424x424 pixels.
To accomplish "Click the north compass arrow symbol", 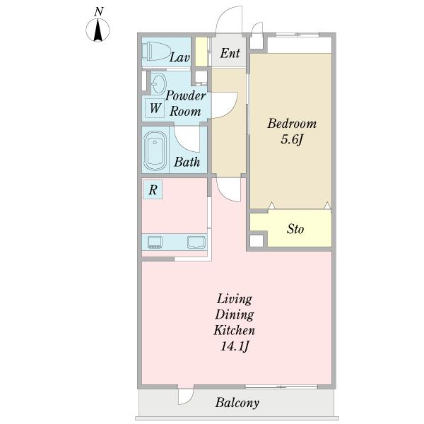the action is pyautogui.click(x=98, y=30).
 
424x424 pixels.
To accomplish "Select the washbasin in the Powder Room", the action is pyautogui.click(x=158, y=83).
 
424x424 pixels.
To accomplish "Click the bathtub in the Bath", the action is pyautogui.click(x=155, y=151).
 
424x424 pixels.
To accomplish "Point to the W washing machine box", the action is pyautogui.click(x=155, y=108).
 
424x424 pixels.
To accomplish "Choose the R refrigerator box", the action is pyautogui.click(x=153, y=190).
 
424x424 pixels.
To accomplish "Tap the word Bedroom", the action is pyautogui.click(x=292, y=124).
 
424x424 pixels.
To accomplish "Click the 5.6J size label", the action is pyautogui.click(x=291, y=140).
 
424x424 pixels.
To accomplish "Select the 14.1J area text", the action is pyautogui.click(x=234, y=346).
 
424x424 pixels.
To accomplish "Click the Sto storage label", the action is pyautogui.click(x=295, y=229).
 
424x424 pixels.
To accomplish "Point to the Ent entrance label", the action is pyautogui.click(x=230, y=53).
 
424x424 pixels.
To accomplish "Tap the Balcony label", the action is pyautogui.click(x=237, y=403).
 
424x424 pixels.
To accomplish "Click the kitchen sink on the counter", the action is pyautogui.click(x=196, y=242).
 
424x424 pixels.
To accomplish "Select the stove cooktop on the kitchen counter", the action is pyautogui.click(x=155, y=242).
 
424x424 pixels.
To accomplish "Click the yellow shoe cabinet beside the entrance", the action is pyautogui.click(x=201, y=52).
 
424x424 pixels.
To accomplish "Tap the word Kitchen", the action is pyautogui.click(x=234, y=331).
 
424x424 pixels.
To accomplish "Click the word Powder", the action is pyautogui.click(x=185, y=95).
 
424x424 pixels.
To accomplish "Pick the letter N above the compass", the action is pyautogui.click(x=99, y=11).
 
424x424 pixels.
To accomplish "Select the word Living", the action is pyautogui.click(x=235, y=300).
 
